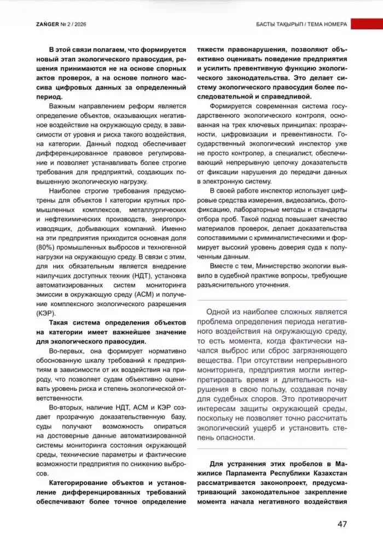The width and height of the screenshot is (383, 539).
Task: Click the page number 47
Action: pos(342,524)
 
